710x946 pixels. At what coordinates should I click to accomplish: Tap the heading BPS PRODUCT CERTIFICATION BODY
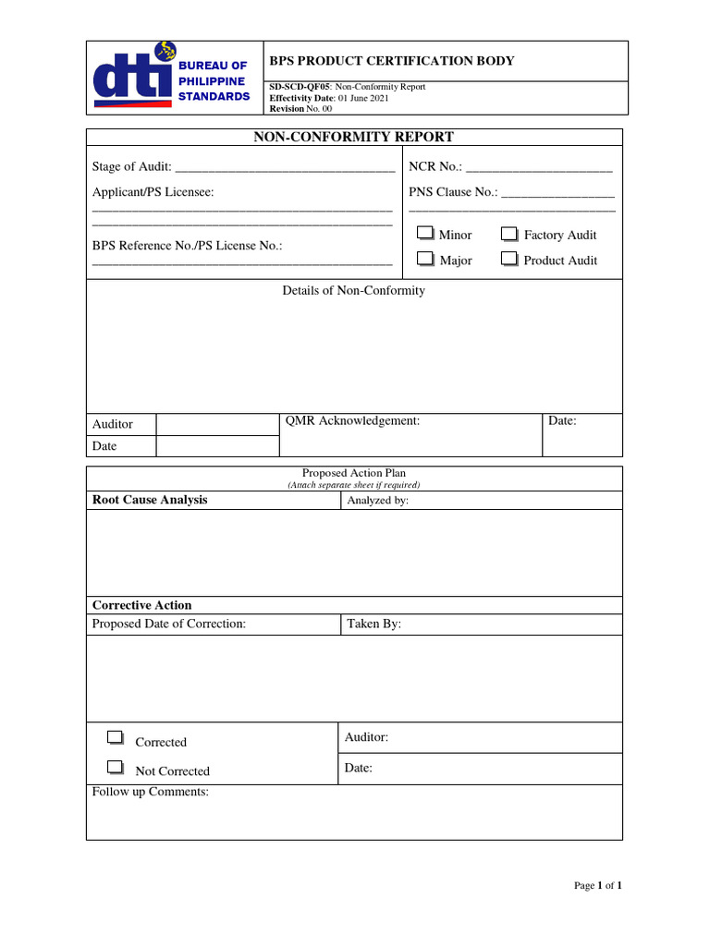(391, 61)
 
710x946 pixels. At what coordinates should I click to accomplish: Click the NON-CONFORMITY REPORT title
(354, 137)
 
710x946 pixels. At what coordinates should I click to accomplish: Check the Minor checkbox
(425, 234)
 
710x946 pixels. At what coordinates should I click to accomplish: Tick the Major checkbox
(425, 260)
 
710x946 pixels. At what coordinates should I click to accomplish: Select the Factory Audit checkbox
(509, 234)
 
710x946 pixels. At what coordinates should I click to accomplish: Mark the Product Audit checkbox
(509, 260)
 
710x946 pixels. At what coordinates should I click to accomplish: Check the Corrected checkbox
(115, 738)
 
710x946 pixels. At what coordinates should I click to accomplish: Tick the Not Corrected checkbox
(115, 767)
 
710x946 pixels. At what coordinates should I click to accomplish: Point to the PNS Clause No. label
(453, 192)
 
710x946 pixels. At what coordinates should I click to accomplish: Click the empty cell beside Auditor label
(217, 424)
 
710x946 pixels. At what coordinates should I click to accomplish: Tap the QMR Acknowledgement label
(353, 420)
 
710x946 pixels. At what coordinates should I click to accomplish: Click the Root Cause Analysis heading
(150, 500)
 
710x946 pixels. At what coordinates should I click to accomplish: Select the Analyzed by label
(377, 501)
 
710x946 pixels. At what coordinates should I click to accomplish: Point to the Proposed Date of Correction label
(169, 624)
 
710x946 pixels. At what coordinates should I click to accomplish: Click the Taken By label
(373, 624)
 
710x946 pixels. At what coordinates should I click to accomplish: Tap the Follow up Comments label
(151, 792)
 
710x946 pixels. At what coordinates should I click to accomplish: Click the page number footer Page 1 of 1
(597, 885)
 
